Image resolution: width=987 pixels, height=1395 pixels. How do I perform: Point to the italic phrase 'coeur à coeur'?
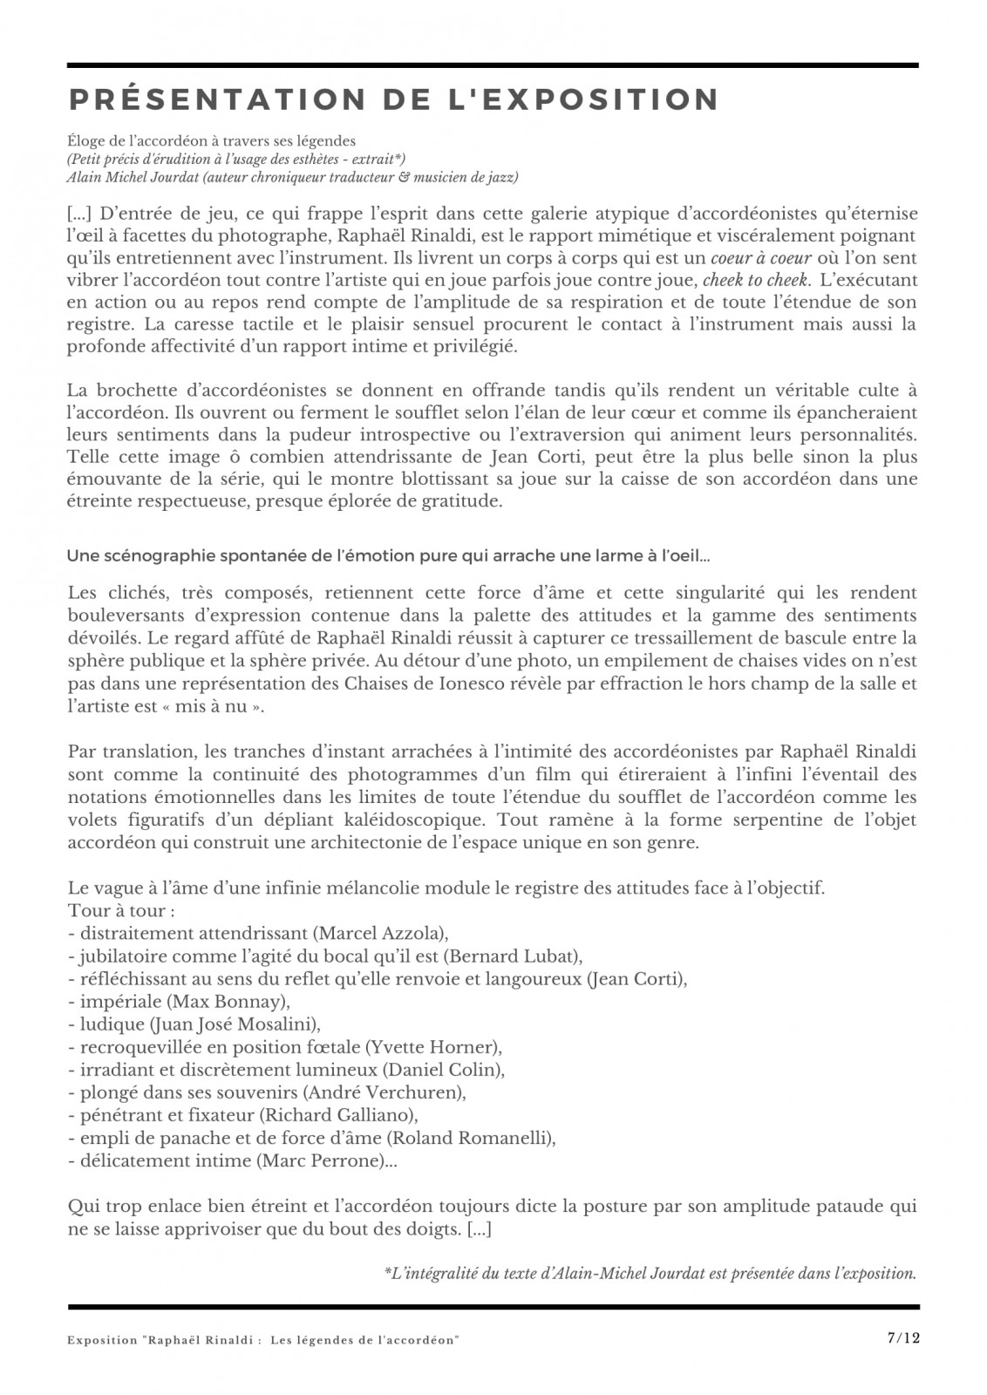pos(761,258)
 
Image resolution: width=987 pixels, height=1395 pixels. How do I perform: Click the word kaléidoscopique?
pos(423,820)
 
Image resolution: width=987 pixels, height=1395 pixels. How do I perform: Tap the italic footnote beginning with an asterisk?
pos(650,1273)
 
